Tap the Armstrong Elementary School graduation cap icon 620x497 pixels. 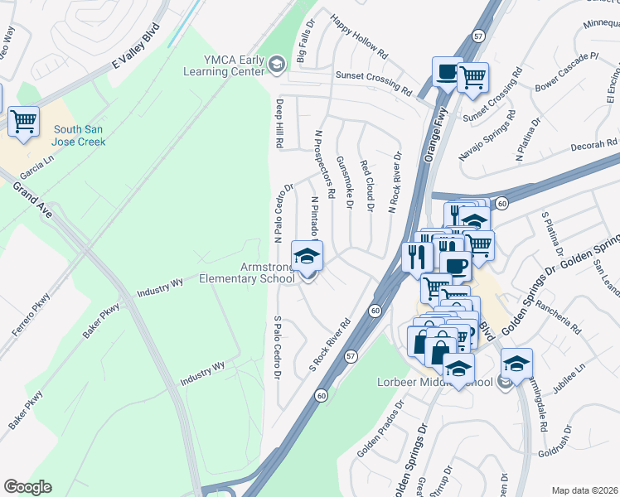pyautogui.click(x=308, y=255)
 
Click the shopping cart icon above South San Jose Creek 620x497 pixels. pyautogui.click(x=23, y=122)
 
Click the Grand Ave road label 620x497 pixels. pyautogui.click(x=31, y=200)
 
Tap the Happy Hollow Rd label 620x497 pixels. pyautogui.click(x=358, y=36)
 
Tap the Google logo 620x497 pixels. pyautogui.click(x=27, y=487)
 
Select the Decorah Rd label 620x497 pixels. pyautogui.click(x=593, y=146)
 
